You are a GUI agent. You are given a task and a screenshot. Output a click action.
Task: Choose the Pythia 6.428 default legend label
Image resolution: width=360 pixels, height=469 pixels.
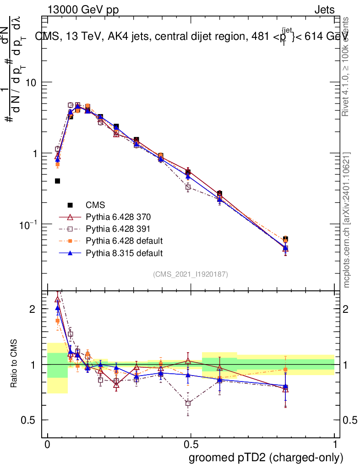(124, 240)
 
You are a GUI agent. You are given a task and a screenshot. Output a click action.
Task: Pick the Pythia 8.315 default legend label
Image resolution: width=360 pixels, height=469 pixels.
(124, 252)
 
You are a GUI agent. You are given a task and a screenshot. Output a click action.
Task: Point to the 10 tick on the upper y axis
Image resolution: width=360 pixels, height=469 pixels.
(30, 82)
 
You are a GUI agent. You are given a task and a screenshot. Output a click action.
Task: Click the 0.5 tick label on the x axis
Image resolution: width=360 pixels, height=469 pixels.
(191, 444)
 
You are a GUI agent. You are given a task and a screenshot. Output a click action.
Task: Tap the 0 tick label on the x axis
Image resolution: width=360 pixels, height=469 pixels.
(47, 444)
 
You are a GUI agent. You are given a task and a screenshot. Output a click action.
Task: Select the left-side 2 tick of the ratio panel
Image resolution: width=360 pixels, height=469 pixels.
(33, 309)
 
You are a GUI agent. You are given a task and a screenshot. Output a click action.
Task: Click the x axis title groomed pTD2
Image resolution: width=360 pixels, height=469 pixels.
(266, 457)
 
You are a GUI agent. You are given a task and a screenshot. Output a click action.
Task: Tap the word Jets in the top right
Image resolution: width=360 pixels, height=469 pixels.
(324, 10)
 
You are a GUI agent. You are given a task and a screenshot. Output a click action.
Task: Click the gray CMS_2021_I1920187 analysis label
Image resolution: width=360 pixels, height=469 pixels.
(191, 274)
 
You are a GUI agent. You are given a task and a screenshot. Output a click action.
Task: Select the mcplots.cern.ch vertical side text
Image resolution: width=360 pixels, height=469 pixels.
(347, 220)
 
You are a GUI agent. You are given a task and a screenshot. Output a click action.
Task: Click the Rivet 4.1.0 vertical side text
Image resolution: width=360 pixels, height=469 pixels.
(347, 66)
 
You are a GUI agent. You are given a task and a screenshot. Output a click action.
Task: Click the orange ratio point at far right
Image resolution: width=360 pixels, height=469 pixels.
(285, 369)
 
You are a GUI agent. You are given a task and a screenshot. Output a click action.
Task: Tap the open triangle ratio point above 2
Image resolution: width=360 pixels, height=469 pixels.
(57, 300)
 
